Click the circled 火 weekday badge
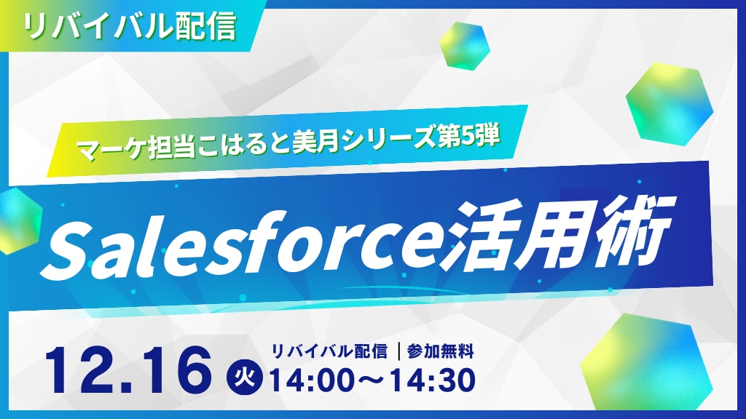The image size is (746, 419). click(248, 378)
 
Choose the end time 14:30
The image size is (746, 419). click(433, 380)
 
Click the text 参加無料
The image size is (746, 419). click(441, 352)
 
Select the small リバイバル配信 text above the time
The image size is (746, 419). click(329, 352)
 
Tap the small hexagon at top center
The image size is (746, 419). click(464, 46)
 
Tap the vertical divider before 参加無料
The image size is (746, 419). click(398, 352)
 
